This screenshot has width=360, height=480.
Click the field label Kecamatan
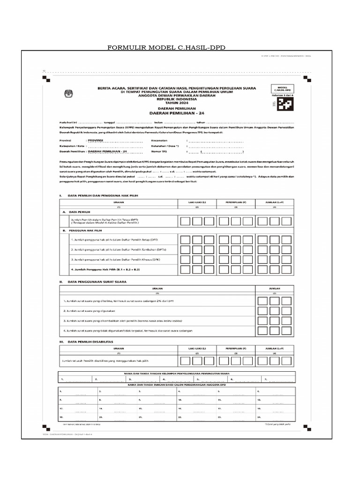click(x=160, y=140)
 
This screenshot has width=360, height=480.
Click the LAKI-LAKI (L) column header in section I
click(x=197, y=202)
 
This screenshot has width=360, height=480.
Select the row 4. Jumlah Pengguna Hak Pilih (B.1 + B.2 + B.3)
click(x=105, y=270)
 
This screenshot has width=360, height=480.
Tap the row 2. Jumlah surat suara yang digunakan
click(x=89, y=310)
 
